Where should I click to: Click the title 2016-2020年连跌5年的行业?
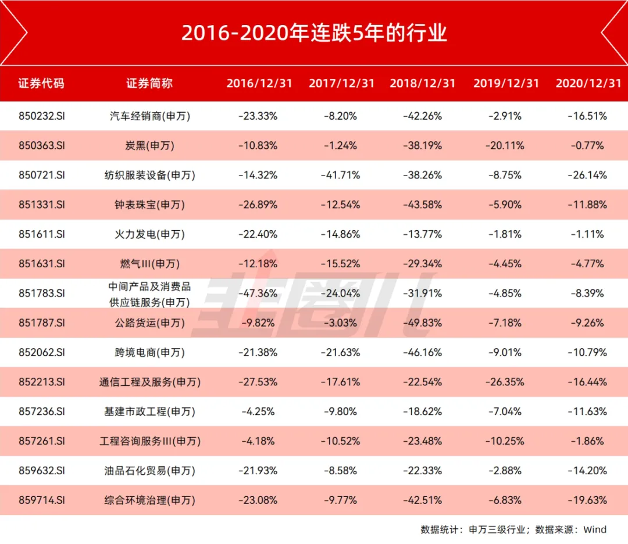point(314,33)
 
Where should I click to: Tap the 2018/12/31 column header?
point(422,83)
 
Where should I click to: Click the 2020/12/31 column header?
point(588,83)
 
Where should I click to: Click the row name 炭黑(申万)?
point(150,145)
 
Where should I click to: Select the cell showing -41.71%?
point(341,175)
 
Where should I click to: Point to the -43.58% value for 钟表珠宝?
point(422,205)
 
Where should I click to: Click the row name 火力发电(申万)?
point(150,234)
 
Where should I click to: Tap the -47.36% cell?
point(258,293)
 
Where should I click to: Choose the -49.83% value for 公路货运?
point(422,323)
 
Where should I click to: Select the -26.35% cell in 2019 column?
point(505,382)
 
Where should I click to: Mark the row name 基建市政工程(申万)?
point(150,411)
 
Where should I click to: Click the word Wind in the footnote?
point(595,529)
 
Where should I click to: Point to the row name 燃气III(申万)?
point(150,264)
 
